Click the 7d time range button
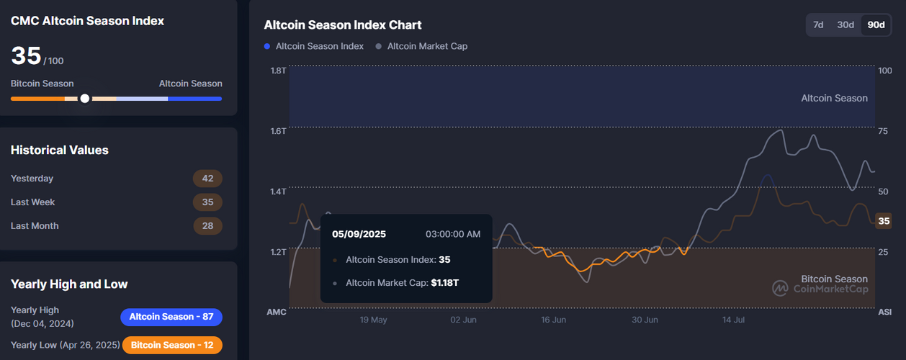[818, 25]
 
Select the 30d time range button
[846, 25]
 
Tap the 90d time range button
[876, 25]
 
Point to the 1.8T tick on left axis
[278, 71]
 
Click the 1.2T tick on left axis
[278, 252]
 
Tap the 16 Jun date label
[553, 320]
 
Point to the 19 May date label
[373, 320]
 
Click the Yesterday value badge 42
[207, 179]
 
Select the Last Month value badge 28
[207, 226]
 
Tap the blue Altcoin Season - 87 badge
[171, 317]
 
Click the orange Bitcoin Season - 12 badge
[172, 345]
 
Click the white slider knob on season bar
[85, 99]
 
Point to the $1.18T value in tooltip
[444, 283]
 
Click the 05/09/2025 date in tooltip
[359, 234]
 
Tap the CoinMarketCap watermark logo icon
[780, 289]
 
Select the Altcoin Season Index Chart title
[343, 25]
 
